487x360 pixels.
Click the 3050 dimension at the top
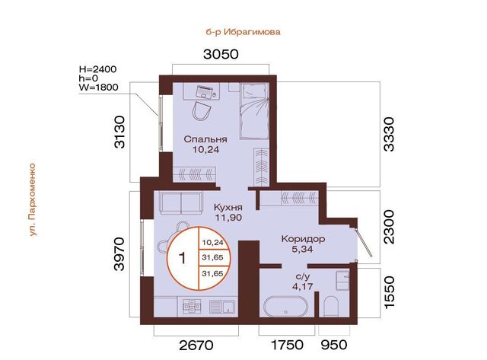click(x=221, y=54)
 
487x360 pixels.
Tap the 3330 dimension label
click(x=389, y=134)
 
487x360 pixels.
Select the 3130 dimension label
click(x=119, y=132)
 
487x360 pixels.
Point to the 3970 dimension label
click(x=119, y=253)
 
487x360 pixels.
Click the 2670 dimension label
click(x=196, y=345)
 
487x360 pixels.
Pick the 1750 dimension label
click(x=288, y=345)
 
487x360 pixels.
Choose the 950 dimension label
click(x=334, y=345)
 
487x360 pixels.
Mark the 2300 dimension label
click(x=389, y=227)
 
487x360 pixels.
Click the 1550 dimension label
click(x=389, y=292)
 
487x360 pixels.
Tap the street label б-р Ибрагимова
click(x=243, y=32)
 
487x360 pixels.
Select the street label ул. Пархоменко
click(x=32, y=199)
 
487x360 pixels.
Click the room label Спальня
click(x=205, y=139)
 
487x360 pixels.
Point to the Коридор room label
click(x=303, y=239)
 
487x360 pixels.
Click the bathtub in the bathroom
click(x=286, y=307)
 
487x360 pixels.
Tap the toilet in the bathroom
click(x=331, y=306)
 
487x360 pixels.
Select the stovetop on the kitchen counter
click(x=192, y=306)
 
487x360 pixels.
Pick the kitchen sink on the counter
click(x=221, y=306)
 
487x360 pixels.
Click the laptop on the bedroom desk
click(x=205, y=91)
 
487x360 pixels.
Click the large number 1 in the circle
click(x=183, y=259)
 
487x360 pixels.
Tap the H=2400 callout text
click(x=98, y=69)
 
